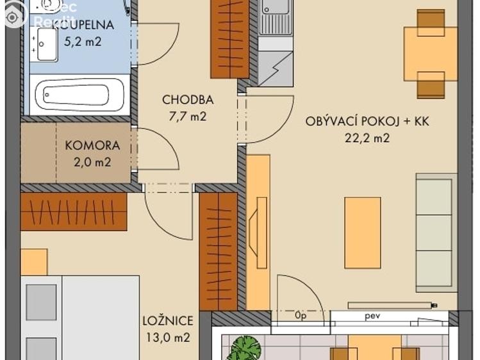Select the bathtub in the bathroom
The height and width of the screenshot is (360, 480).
click(79, 95)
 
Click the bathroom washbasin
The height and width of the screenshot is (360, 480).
click(46, 45)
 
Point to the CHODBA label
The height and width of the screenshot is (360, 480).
click(187, 100)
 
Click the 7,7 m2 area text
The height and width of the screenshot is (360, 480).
click(187, 117)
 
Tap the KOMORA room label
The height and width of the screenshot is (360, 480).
click(92, 145)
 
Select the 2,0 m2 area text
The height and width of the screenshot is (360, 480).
click(92, 162)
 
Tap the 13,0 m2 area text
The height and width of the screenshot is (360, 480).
click(167, 338)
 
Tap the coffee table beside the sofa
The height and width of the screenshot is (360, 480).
click(362, 233)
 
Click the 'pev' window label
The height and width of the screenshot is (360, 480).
click(373, 316)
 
